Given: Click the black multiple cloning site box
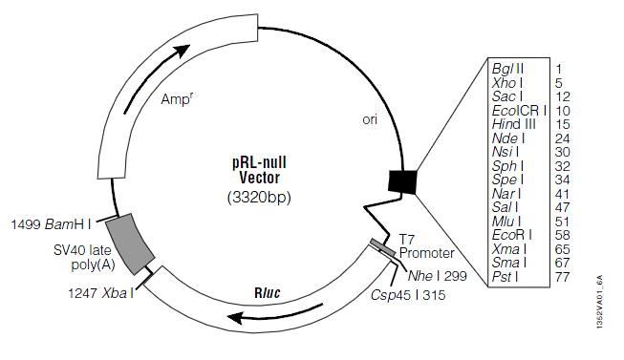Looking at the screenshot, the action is [402, 182].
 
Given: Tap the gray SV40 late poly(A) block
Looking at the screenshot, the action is [130, 244].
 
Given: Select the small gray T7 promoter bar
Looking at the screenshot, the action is [383, 247].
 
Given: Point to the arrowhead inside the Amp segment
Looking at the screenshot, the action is [182, 51].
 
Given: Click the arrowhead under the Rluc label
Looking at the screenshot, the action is [235, 318].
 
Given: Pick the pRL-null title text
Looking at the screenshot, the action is [259, 162].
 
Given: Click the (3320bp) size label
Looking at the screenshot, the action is [259, 198].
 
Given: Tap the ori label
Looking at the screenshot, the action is [370, 119].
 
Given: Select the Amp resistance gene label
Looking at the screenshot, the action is [177, 98].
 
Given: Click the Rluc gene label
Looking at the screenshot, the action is [267, 293].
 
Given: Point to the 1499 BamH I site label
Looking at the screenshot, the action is [51, 224].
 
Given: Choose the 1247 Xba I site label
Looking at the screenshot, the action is [100, 293].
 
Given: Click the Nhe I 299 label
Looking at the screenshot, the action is [438, 276].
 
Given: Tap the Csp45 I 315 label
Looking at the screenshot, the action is [408, 295].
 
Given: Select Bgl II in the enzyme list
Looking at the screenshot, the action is [507, 69].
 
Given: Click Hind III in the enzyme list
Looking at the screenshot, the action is [514, 124].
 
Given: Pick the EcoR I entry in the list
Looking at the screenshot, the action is [512, 235].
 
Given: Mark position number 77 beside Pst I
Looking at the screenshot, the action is [562, 277].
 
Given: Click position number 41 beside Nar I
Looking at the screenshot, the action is [562, 194].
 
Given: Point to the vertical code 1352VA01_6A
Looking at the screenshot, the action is [600, 302].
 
